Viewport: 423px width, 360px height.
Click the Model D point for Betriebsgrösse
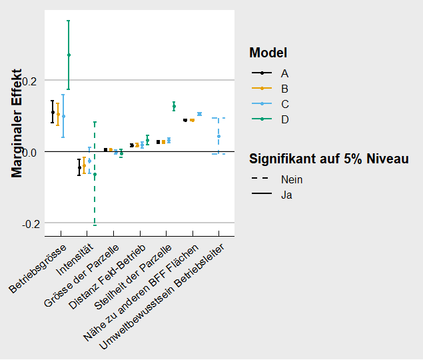pos(69,55)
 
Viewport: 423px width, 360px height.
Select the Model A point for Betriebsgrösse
pos(53,112)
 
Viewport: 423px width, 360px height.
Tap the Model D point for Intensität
pos(95,175)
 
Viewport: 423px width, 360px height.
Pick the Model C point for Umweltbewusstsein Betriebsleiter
pos(218,136)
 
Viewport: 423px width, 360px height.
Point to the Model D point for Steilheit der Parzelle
pos(174,105)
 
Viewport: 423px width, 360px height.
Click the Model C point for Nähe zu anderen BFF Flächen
pos(199,114)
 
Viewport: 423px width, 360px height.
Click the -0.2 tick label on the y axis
pos(31,223)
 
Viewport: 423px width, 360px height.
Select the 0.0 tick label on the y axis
pos(33,152)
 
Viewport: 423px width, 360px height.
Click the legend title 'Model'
pos(268,53)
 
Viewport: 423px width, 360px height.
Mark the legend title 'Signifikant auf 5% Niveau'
pos(328,159)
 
